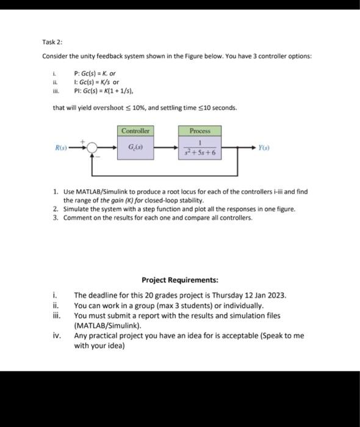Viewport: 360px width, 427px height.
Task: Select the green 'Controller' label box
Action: point(135,131)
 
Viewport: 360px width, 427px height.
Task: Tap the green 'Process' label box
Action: point(200,131)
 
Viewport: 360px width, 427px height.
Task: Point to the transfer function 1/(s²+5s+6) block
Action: point(200,148)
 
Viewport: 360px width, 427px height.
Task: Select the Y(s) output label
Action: point(264,148)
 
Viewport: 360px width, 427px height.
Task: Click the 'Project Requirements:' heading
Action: point(179,281)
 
